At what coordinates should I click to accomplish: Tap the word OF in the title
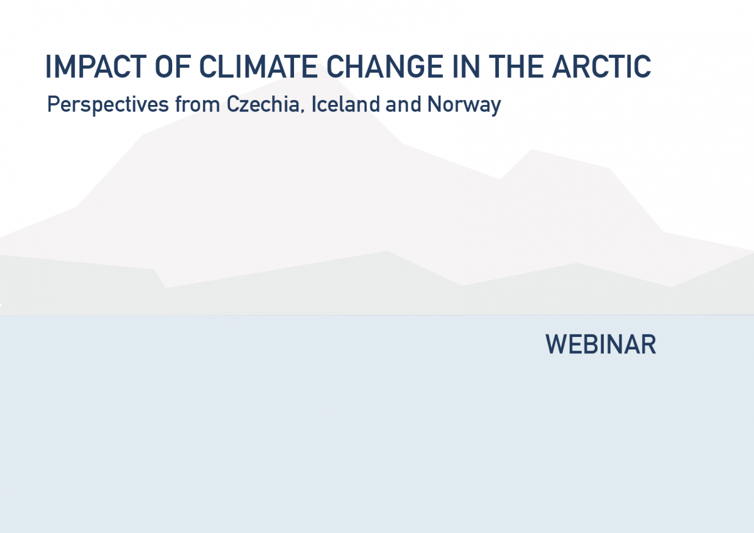(x=173, y=67)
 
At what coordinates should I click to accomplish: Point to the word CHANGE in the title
(x=385, y=67)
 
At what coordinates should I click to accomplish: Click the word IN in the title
(x=466, y=67)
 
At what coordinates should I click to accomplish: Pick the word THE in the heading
(x=516, y=67)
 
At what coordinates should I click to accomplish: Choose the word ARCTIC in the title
(x=601, y=67)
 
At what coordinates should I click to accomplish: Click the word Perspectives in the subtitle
(x=107, y=105)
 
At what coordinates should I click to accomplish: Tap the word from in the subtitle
(x=197, y=104)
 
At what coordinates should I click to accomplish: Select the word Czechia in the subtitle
(x=263, y=104)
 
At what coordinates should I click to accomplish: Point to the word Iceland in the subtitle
(x=345, y=104)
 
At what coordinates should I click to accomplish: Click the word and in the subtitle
(x=403, y=104)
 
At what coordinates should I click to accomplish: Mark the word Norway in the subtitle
(x=464, y=105)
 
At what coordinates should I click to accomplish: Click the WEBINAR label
(x=601, y=344)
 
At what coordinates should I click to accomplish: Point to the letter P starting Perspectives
(x=54, y=104)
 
